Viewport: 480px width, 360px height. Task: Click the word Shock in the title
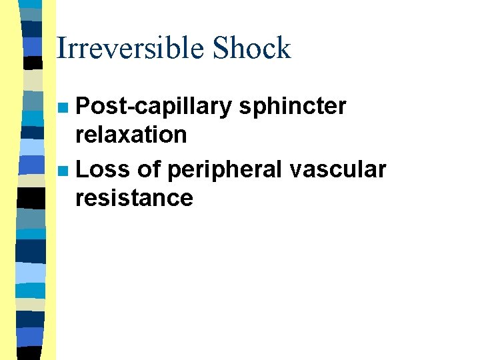(x=251, y=48)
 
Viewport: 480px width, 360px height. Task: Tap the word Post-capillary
(x=153, y=107)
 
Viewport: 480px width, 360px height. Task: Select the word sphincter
(x=292, y=107)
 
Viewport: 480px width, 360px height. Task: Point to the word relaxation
(x=131, y=135)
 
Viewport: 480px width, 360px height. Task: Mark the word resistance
(x=134, y=198)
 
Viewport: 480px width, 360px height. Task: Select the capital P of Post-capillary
(x=83, y=106)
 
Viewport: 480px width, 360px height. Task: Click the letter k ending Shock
(x=284, y=48)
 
